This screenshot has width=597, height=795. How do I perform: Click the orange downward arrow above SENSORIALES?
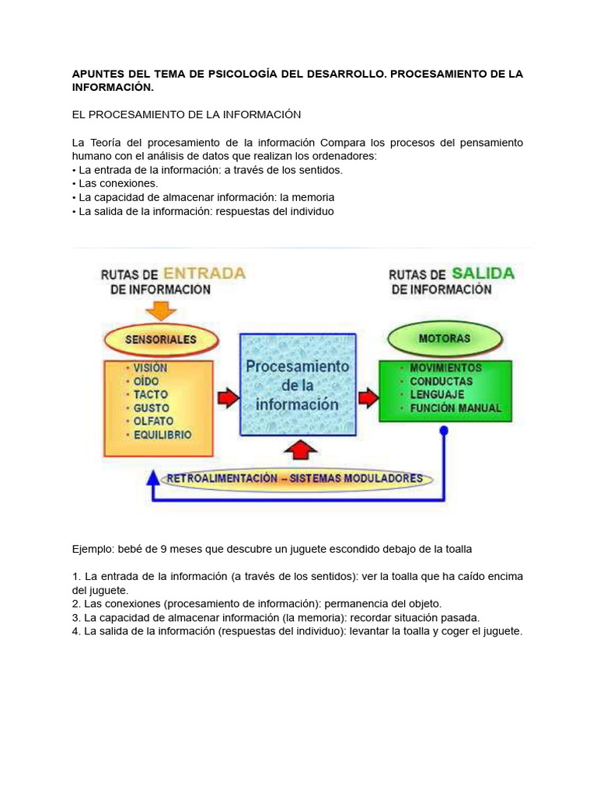tap(162, 310)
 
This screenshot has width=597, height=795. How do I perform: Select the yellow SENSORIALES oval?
tap(162, 339)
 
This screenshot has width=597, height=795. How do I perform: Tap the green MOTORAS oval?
tap(444, 339)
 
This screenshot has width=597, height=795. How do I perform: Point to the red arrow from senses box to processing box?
tap(227, 398)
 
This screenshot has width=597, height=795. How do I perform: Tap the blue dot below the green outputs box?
tap(444, 429)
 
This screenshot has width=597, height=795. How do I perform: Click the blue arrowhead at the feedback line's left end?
tap(154, 477)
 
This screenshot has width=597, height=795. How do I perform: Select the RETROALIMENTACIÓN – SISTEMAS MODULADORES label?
tap(295, 478)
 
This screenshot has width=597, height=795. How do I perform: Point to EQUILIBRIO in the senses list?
tap(162, 436)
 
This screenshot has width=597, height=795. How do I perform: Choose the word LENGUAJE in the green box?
tap(438, 394)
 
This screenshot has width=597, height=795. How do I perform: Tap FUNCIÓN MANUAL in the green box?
tap(456, 408)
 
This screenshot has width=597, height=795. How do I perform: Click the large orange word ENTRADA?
tap(205, 273)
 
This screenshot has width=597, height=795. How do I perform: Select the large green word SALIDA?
tap(483, 273)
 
